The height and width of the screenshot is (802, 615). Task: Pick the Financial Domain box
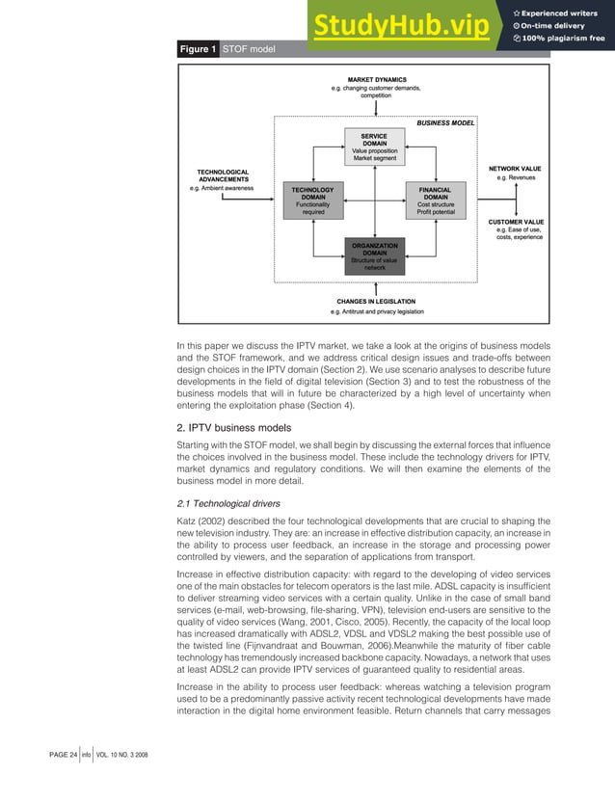click(x=436, y=201)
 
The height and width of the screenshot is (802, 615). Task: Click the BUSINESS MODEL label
click(x=446, y=123)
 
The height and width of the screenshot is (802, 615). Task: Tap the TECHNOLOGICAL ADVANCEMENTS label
click(x=224, y=174)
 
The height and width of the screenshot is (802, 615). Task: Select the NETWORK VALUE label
click(x=515, y=168)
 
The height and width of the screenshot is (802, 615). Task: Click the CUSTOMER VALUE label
click(x=516, y=222)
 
